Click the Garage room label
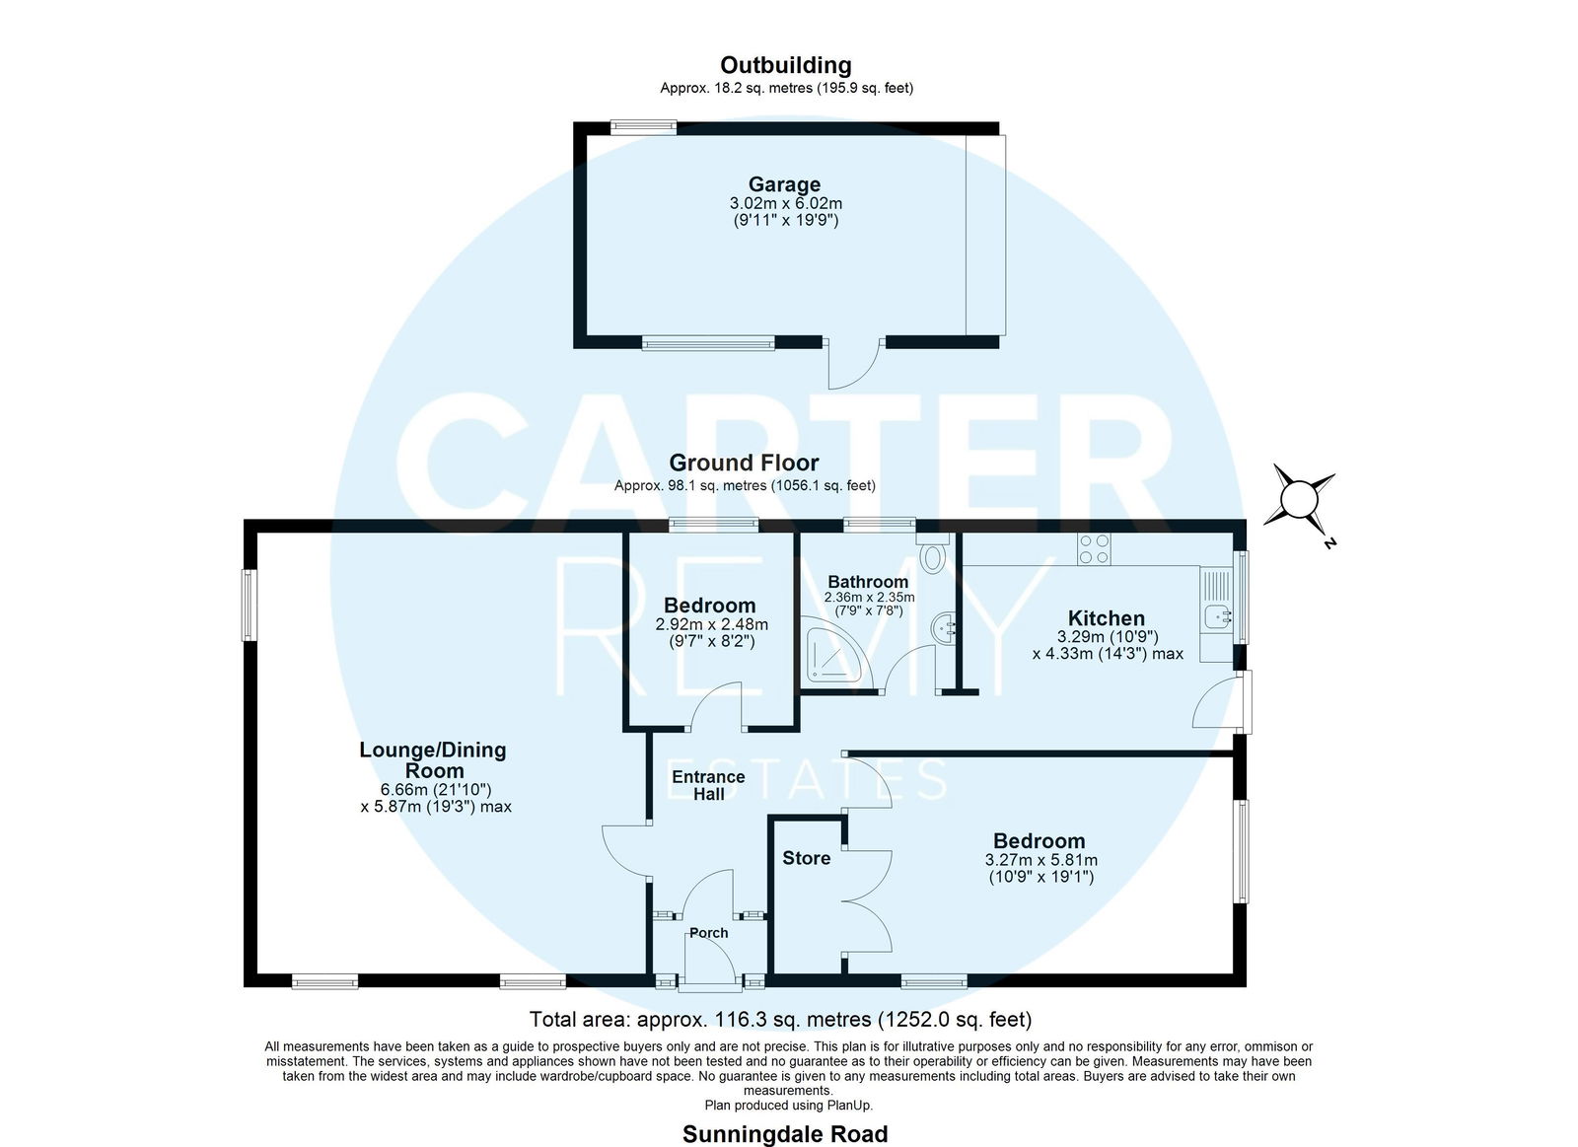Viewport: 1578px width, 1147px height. tap(784, 184)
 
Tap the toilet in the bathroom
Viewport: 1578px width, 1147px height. tap(933, 552)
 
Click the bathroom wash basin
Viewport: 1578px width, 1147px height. tap(944, 626)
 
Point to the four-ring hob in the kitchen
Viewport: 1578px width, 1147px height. tap(1094, 548)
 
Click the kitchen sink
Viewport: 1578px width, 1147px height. tap(1217, 616)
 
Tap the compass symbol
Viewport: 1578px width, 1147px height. tap(1298, 501)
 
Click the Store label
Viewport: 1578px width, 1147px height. tap(806, 858)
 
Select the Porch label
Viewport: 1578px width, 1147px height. tap(708, 933)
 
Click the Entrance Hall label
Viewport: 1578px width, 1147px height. tap(708, 785)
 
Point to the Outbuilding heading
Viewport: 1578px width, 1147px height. tap(785, 65)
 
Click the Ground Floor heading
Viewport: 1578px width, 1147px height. tap(744, 463)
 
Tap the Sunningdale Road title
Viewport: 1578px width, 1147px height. tap(785, 1133)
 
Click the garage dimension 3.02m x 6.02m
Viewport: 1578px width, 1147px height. tap(785, 203)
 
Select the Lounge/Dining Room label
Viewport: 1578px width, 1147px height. tap(433, 759)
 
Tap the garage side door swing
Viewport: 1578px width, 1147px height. tap(854, 364)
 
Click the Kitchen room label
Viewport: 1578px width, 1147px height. tap(1106, 618)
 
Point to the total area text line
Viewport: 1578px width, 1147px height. tap(780, 1020)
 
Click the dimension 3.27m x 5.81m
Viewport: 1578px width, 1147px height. tap(1040, 860)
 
